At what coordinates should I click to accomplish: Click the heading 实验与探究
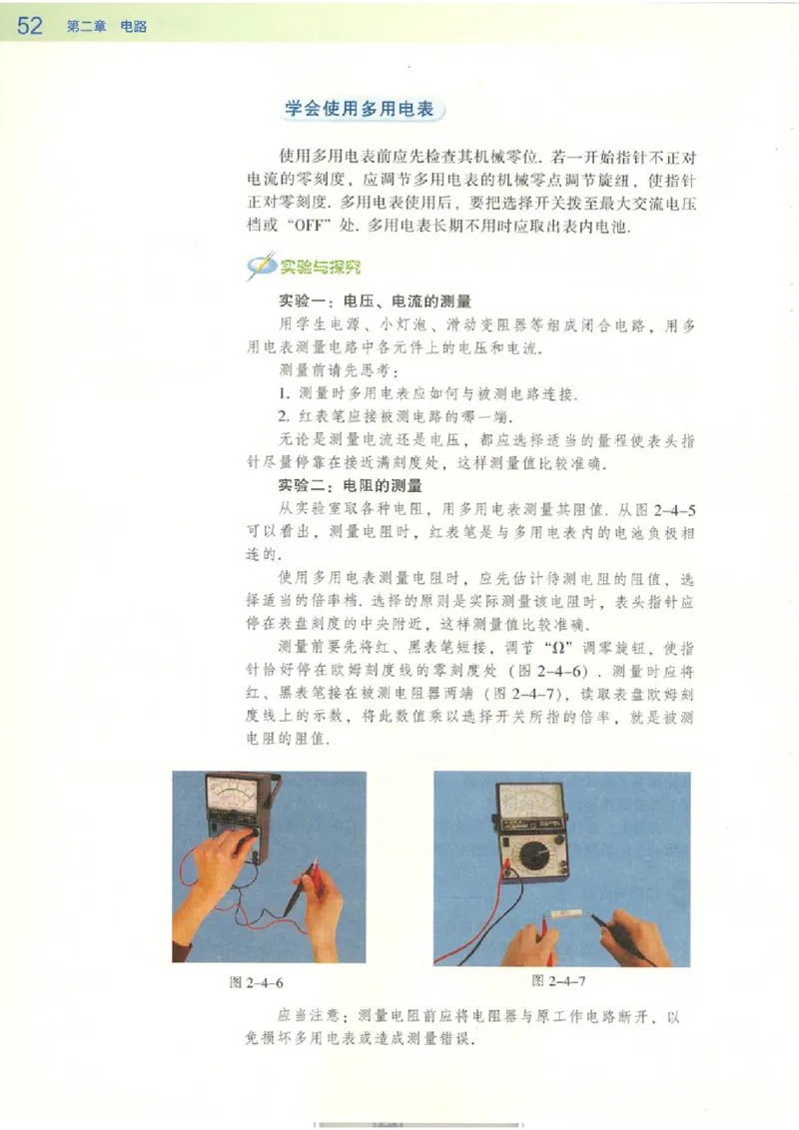point(320,267)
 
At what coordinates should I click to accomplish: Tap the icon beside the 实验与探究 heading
point(261,267)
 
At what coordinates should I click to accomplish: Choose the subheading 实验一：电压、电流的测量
point(374,299)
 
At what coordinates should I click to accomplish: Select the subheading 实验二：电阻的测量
point(351,486)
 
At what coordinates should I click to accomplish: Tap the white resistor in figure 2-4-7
point(570,915)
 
